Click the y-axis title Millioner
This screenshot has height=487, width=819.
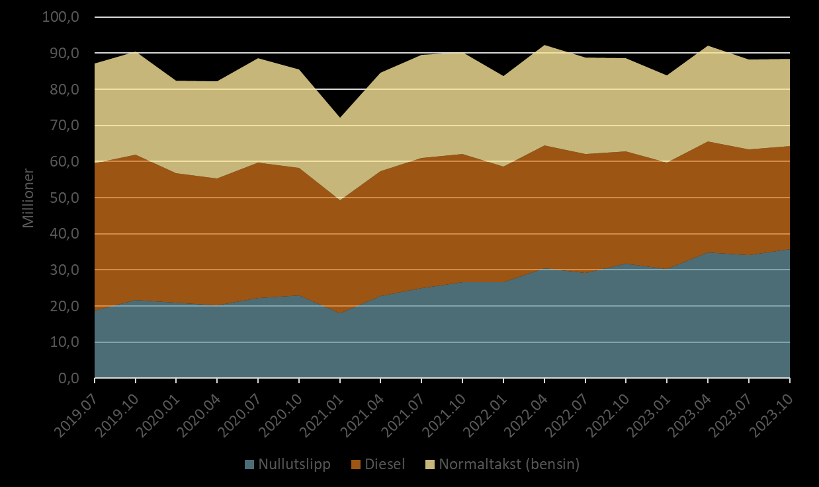point(28,198)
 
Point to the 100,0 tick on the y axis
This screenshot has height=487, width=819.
point(61,17)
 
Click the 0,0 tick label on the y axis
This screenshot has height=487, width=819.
point(66,379)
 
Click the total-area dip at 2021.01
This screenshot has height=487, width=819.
point(340,118)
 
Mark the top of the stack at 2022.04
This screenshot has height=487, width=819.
point(544,45)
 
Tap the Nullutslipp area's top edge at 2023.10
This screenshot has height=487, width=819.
point(789,249)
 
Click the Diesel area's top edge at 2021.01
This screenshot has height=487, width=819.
point(340,200)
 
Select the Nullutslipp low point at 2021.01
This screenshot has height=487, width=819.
point(340,313)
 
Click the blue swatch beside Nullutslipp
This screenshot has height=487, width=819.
point(249,465)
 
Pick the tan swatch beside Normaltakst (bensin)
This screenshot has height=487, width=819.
point(429,465)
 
